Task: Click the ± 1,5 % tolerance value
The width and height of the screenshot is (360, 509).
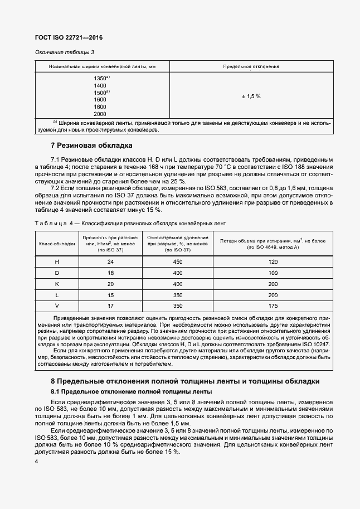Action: (x=251, y=96)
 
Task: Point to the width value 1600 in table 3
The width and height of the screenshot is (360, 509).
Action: (x=100, y=99)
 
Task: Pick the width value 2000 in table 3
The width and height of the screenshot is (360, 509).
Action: (x=100, y=114)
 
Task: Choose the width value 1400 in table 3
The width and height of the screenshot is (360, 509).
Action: (x=100, y=85)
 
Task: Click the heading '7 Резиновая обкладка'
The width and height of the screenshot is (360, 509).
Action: (x=91, y=146)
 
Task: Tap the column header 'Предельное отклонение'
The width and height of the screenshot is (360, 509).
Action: (x=251, y=66)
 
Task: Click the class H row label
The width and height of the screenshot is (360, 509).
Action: (x=56, y=262)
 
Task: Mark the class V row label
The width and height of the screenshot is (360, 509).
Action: (x=56, y=306)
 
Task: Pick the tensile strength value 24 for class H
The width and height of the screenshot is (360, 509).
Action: (x=110, y=262)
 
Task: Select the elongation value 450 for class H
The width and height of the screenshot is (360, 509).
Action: (x=178, y=262)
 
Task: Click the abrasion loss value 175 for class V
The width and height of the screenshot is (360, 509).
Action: (x=273, y=306)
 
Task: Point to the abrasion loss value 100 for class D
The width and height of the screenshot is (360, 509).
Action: (x=273, y=273)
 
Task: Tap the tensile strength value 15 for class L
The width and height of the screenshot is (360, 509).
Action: (x=110, y=295)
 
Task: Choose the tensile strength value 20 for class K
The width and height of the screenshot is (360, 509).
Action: (x=110, y=284)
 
